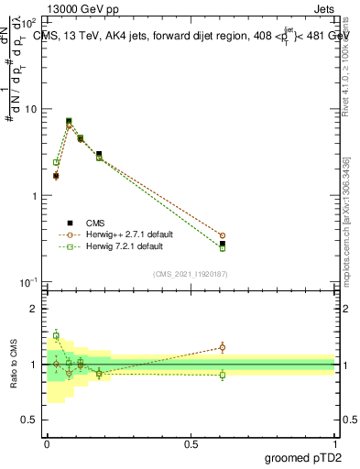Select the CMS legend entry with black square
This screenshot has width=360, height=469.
pos(91,222)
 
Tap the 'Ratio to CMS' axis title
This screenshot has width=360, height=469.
pos(15,365)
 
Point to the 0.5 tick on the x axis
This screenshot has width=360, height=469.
pos(191,444)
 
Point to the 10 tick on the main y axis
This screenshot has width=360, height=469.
pos(32,109)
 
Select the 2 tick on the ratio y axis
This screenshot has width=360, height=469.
pos(32,309)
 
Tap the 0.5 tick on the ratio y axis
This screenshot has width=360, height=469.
pos(29,420)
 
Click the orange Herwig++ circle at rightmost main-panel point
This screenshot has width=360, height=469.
pos(223,235)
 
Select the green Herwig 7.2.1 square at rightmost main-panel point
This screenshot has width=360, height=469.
pos(223,248)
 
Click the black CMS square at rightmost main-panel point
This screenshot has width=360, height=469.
pos(223,244)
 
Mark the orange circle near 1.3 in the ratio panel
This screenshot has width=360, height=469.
pos(223,347)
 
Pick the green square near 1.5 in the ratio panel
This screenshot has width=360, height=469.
pos(56,336)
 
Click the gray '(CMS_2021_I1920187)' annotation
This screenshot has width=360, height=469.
pos(191,273)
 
